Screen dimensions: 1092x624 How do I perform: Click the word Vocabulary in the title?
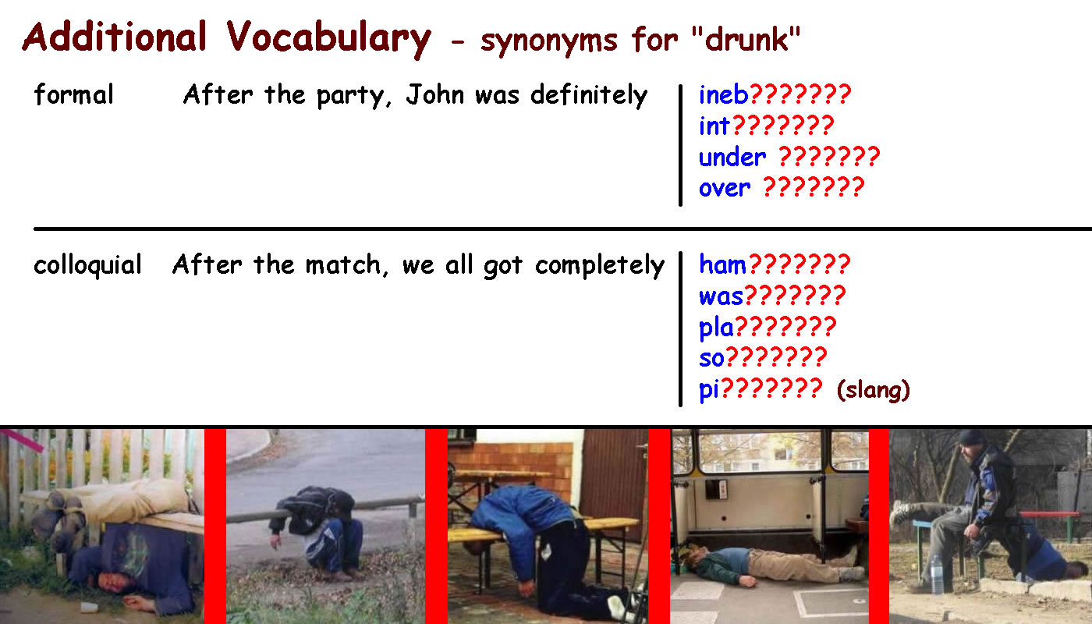[x=328, y=40]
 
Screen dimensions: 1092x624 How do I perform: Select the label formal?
[x=73, y=94]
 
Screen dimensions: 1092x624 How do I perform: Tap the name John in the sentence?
[x=435, y=94]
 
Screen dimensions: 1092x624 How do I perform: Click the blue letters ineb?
[x=724, y=94]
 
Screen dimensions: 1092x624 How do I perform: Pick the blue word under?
[x=732, y=157]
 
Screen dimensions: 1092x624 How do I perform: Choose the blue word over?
[x=725, y=188]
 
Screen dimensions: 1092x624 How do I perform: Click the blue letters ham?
[x=722, y=264]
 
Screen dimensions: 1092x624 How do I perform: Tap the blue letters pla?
[x=716, y=328]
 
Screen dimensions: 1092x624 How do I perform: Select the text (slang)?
[x=873, y=389]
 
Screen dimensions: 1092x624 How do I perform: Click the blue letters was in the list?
[x=721, y=296]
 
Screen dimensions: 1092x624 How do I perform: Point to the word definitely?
[x=589, y=95]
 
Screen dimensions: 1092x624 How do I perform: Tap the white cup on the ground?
[x=87, y=607]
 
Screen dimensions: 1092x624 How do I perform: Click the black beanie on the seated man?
[x=973, y=437]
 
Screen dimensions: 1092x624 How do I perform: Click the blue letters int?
[x=714, y=126]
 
